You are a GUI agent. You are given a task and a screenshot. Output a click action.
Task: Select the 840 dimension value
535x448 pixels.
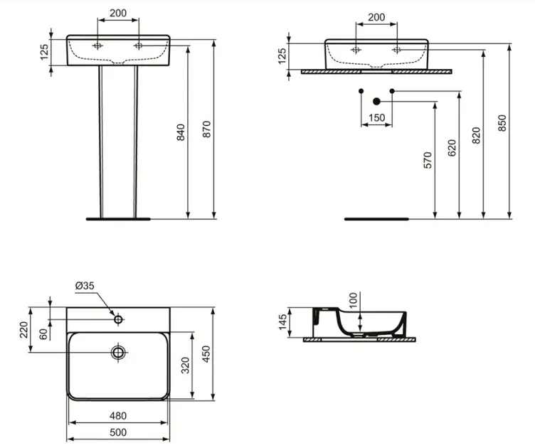(x=181, y=133)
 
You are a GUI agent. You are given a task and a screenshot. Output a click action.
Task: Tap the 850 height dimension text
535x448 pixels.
(x=502, y=124)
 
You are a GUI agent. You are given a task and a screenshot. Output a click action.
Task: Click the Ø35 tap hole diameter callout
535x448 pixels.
(x=85, y=286)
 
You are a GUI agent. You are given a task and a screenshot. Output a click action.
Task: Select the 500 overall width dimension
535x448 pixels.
(x=118, y=432)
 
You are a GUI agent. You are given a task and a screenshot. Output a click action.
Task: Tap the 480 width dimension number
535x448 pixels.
(x=118, y=415)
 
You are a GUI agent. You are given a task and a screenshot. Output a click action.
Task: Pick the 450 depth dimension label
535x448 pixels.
(x=206, y=353)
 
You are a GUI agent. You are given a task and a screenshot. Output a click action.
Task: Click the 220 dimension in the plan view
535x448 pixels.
(x=23, y=329)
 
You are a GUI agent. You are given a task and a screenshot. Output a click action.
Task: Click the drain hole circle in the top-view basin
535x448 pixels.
(x=118, y=351)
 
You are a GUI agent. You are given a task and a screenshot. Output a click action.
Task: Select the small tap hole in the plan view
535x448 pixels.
(x=118, y=320)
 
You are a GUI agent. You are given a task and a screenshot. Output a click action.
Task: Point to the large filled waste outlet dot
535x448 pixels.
(x=376, y=101)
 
